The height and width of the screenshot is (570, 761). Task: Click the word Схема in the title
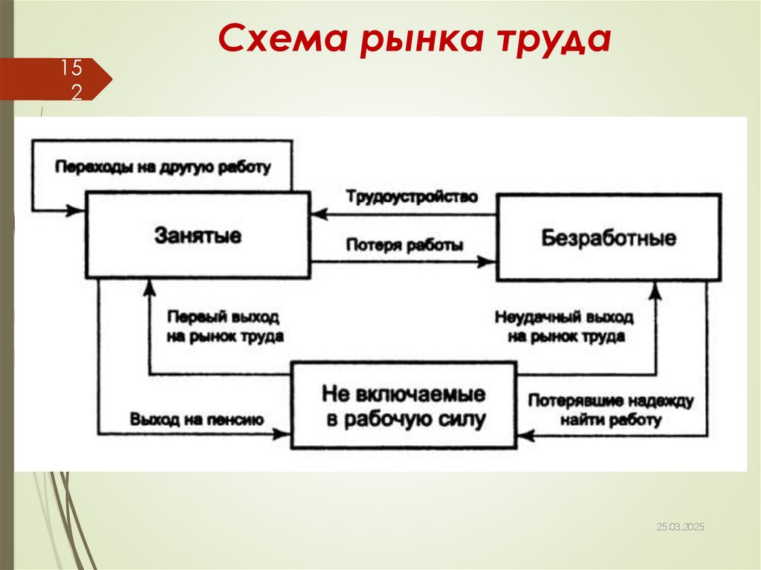(283, 39)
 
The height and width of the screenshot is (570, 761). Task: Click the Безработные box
(609, 238)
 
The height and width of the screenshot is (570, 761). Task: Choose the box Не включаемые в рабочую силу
(404, 406)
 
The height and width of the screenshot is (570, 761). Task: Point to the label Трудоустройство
(411, 197)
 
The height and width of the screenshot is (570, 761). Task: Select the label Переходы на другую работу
(163, 166)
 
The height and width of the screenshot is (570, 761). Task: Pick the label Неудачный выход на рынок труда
(564, 326)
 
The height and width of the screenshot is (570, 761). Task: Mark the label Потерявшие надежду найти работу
(611, 409)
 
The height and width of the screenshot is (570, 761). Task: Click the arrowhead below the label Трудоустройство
(318, 214)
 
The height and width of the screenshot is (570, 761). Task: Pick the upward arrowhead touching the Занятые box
(150, 286)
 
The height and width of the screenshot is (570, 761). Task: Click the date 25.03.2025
(680, 527)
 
